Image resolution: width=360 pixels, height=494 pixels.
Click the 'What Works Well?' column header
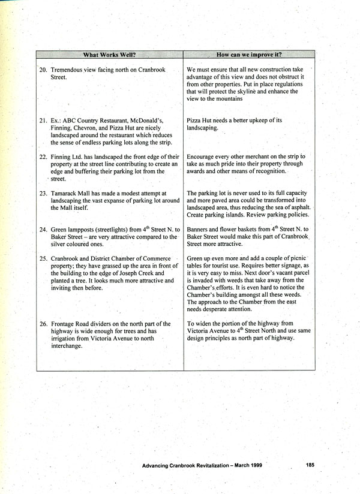click(109, 55)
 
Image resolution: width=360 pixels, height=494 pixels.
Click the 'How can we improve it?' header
click(250, 55)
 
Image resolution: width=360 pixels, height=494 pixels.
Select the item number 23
click(43, 194)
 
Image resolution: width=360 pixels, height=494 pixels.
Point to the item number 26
click(43, 324)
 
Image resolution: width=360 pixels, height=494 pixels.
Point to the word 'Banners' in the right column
click(199, 230)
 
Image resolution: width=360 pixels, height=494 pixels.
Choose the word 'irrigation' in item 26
click(65, 339)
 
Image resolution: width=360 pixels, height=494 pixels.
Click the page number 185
click(310, 464)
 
